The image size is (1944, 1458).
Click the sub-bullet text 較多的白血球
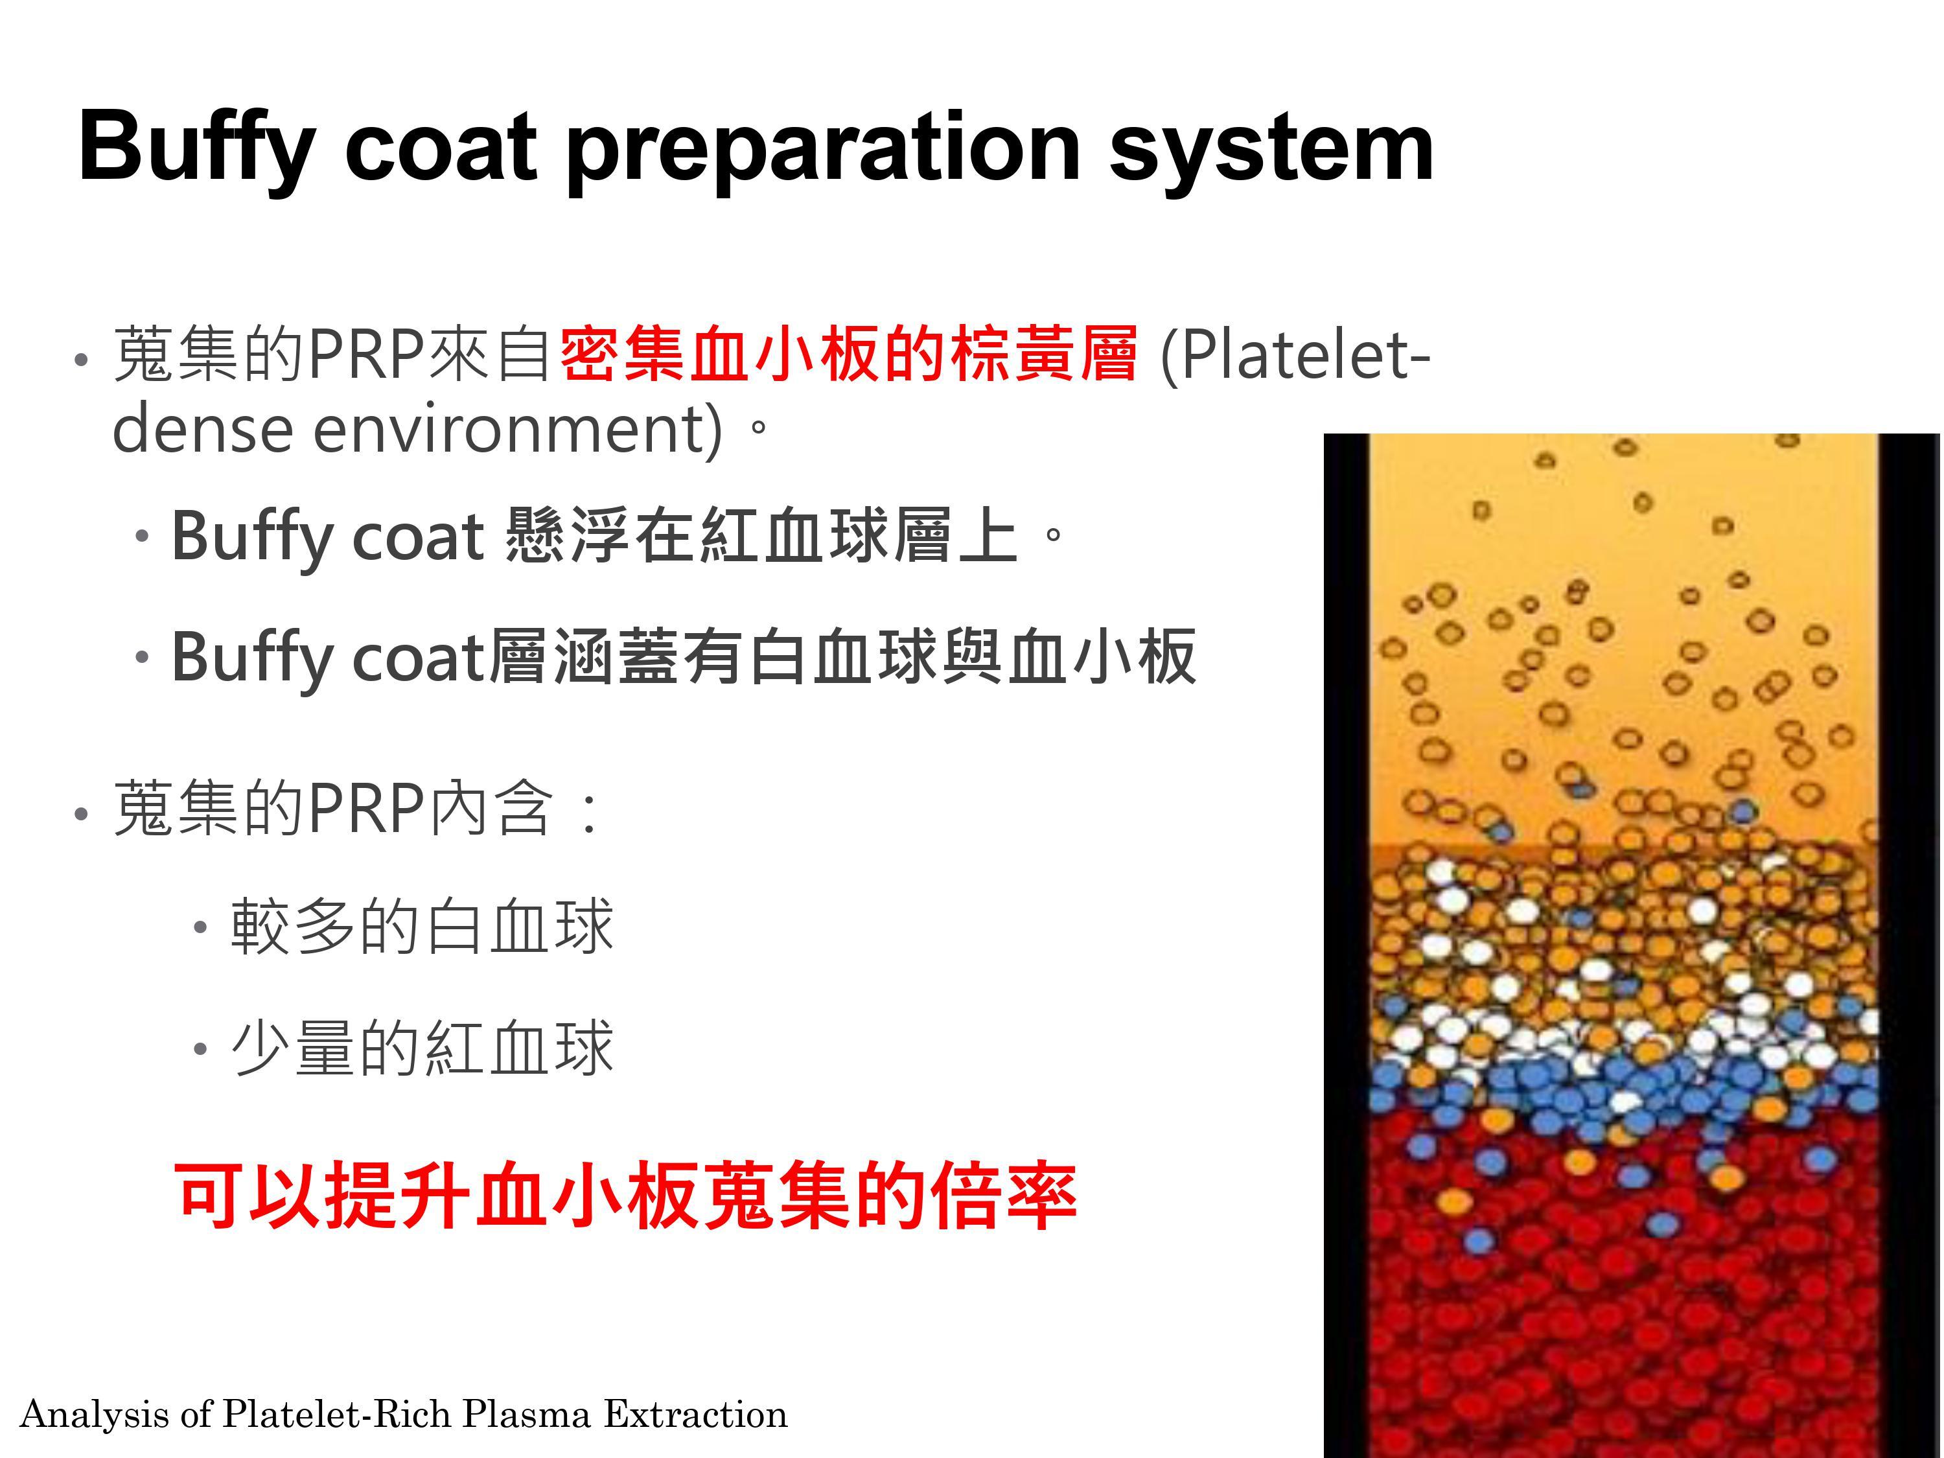[x=422, y=926]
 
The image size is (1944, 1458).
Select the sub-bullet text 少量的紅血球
[x=422, y=1048]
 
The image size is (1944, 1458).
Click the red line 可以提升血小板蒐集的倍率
[x=626, y=1194]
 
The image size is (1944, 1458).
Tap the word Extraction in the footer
[x=695, y=1414]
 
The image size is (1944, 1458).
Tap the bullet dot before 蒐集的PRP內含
[x=82, y=814]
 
